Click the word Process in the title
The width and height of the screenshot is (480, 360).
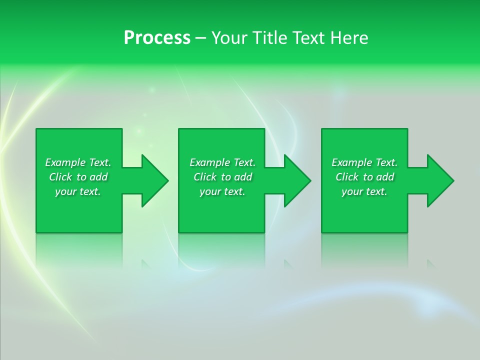click(157, 38)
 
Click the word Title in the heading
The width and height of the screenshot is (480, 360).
click(270, 38)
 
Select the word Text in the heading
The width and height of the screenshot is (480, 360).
click(308, 38)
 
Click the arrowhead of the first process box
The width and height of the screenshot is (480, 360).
click(154, 180)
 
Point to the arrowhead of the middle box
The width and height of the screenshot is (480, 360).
click(297, 180)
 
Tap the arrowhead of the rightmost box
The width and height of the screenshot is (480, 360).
click(440, 180)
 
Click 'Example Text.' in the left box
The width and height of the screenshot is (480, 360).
click(78, 162)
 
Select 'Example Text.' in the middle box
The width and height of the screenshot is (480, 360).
click(222, 162)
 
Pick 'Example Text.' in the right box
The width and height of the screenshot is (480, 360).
click(364, 162)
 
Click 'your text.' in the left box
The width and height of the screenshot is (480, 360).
click(78, 191)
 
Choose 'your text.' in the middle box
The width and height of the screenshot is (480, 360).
click(222, 191)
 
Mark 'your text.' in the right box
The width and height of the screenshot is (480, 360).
click(364, 191)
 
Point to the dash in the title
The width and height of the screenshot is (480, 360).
click(200, 38)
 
